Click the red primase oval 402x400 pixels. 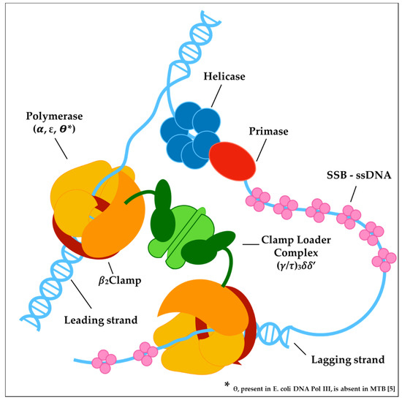click(x=232, y=162)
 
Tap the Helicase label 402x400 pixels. click(x=224, y=77)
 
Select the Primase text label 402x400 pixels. click(x=268, y=132)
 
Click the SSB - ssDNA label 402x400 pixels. click(x=359, y=176)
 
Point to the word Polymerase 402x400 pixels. click(x=54, y=116)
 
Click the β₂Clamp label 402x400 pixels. click(x=120, y=280)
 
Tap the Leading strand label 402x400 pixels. click(x=101, y=320)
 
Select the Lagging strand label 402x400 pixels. click(x=348, y=360)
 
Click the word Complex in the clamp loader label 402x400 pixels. click(x=296, y=253)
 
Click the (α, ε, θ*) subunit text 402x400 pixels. click(x=54, y=129)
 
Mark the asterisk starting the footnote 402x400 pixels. click(x=227, y=385)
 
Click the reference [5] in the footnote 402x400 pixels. click(x=391, y=389)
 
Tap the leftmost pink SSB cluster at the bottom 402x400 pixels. click(x=104, y=361)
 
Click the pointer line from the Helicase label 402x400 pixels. click(x=216, y=96)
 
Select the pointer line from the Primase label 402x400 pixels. click(x=261, y=150)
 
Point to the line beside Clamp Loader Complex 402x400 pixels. click(x=251, y=244)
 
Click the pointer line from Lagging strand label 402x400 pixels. click(x=300, y=349)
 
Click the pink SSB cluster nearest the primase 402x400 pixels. click(x=258, y=200)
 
